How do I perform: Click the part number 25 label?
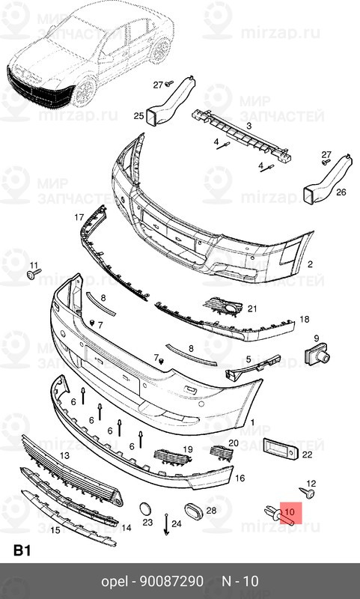pyautogui.click(x=138, y=116)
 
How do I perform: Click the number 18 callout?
pyautogui.click(x=305, y=320)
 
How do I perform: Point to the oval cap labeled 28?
pyautogui.click(x=192, y=511)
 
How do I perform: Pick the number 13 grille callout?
pyautogui.click(x=65, y=455)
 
